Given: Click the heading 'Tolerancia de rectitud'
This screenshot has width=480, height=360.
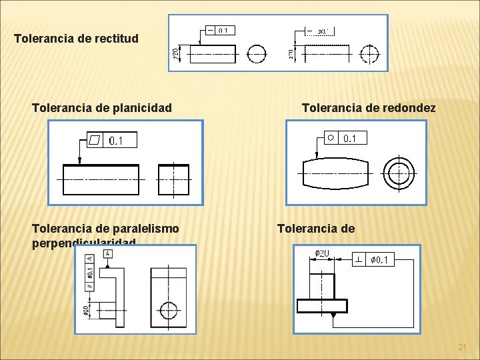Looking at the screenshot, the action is [77, 38].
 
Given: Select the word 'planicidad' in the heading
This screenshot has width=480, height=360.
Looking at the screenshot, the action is [142, 107].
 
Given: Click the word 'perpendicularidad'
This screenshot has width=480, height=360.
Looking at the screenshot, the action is [83, 243].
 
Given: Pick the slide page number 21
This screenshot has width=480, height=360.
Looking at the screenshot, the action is [462, 347].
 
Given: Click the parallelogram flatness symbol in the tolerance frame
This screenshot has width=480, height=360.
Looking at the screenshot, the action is [95, 140].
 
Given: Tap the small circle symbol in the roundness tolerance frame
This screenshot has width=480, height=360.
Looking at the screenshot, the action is [331, 138].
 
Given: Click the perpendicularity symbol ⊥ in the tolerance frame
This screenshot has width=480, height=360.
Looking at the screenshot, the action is [360, 259].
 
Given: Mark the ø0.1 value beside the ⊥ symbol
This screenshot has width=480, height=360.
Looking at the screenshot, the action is [381, 259].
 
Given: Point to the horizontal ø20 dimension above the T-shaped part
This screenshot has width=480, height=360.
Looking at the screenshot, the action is [322, 254].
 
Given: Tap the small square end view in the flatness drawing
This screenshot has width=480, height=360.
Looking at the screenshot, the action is [173, 180].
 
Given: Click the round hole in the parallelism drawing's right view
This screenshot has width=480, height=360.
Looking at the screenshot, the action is [169, 310].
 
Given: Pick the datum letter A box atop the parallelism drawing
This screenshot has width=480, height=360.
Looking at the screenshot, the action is [107, 253].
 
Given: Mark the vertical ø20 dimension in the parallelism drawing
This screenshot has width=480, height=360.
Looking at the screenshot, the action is [87, 310].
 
